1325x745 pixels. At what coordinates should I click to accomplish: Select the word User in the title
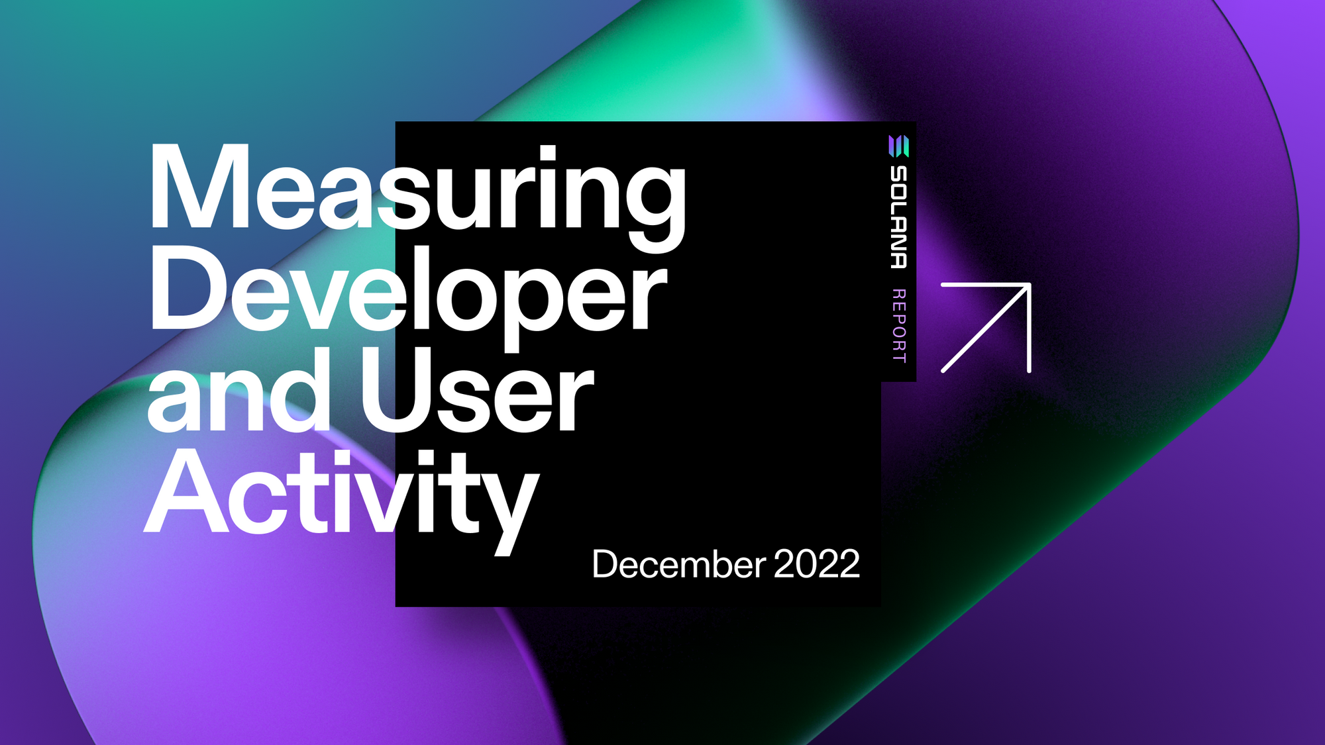(476, 394)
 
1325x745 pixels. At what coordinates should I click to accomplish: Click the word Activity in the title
(341, 493)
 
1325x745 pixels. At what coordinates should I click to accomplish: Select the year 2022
(816, 564)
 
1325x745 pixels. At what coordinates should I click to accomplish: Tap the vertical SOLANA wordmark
(898, 217)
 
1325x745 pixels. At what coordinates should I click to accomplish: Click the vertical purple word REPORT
(898, 326)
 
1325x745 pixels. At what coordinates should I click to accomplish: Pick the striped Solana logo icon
(898, 146)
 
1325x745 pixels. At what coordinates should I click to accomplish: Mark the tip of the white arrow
(1028, 286)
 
